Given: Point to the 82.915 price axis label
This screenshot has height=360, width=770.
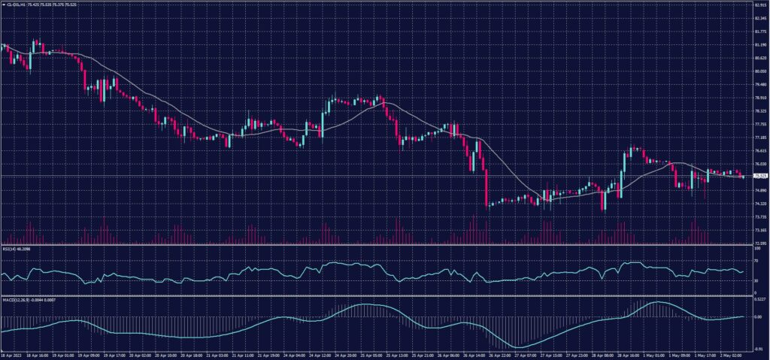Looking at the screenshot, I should [759, 5].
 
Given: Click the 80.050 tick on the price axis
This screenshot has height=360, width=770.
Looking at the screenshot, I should [759, 71].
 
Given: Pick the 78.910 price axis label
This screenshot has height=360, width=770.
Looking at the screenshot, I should [759, 98].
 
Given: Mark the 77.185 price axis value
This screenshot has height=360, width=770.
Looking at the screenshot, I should [759, 138].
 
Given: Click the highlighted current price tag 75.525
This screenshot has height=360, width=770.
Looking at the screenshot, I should [759, 176].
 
